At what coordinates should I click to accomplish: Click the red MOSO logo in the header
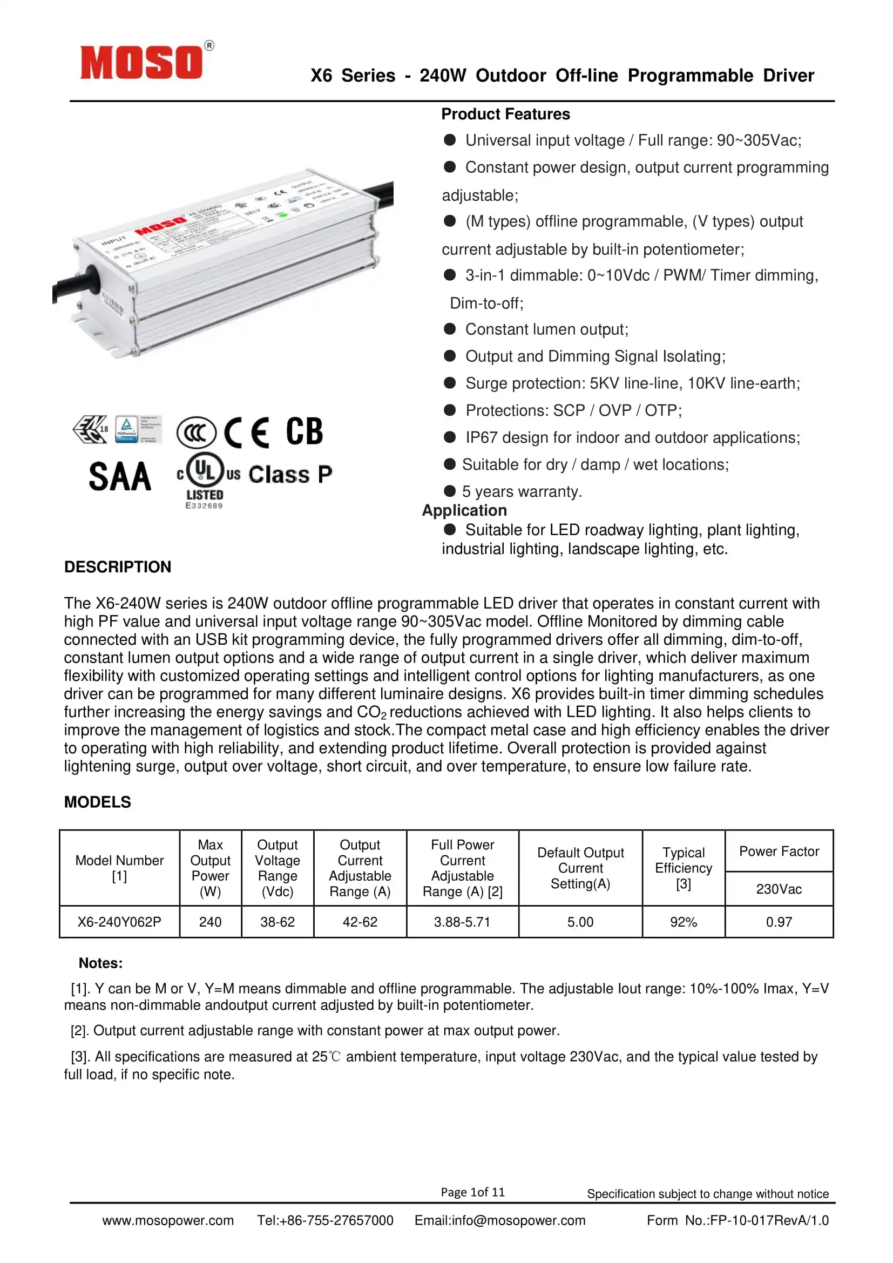[x=142, y=62]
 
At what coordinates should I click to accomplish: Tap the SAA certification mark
[x=120, y=476]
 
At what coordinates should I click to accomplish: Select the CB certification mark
[x=304, y=431]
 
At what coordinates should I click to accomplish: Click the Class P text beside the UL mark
[x=290, y=474]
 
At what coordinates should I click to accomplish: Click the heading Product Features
[x=505, y=114]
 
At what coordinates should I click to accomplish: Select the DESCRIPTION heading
[x=118, y=566]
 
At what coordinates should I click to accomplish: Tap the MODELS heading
[x=97, y=802]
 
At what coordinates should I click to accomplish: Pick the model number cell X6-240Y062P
[x=119, y=922]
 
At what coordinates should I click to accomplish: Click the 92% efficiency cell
[x=683, y=922]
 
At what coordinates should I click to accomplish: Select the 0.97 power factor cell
[x=779, y=922]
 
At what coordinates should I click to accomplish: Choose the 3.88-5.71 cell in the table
[x=462, y=922]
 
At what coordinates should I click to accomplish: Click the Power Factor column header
[x=779, y=852]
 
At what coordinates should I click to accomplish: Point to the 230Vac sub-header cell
[x=779, y=889]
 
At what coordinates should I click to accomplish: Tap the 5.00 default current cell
[x=580, y=922]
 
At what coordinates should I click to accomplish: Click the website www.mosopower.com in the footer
[x=168, y=1221]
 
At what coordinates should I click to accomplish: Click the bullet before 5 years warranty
[x=450, y=491]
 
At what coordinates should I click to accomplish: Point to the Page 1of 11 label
[x=472, y=1192]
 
